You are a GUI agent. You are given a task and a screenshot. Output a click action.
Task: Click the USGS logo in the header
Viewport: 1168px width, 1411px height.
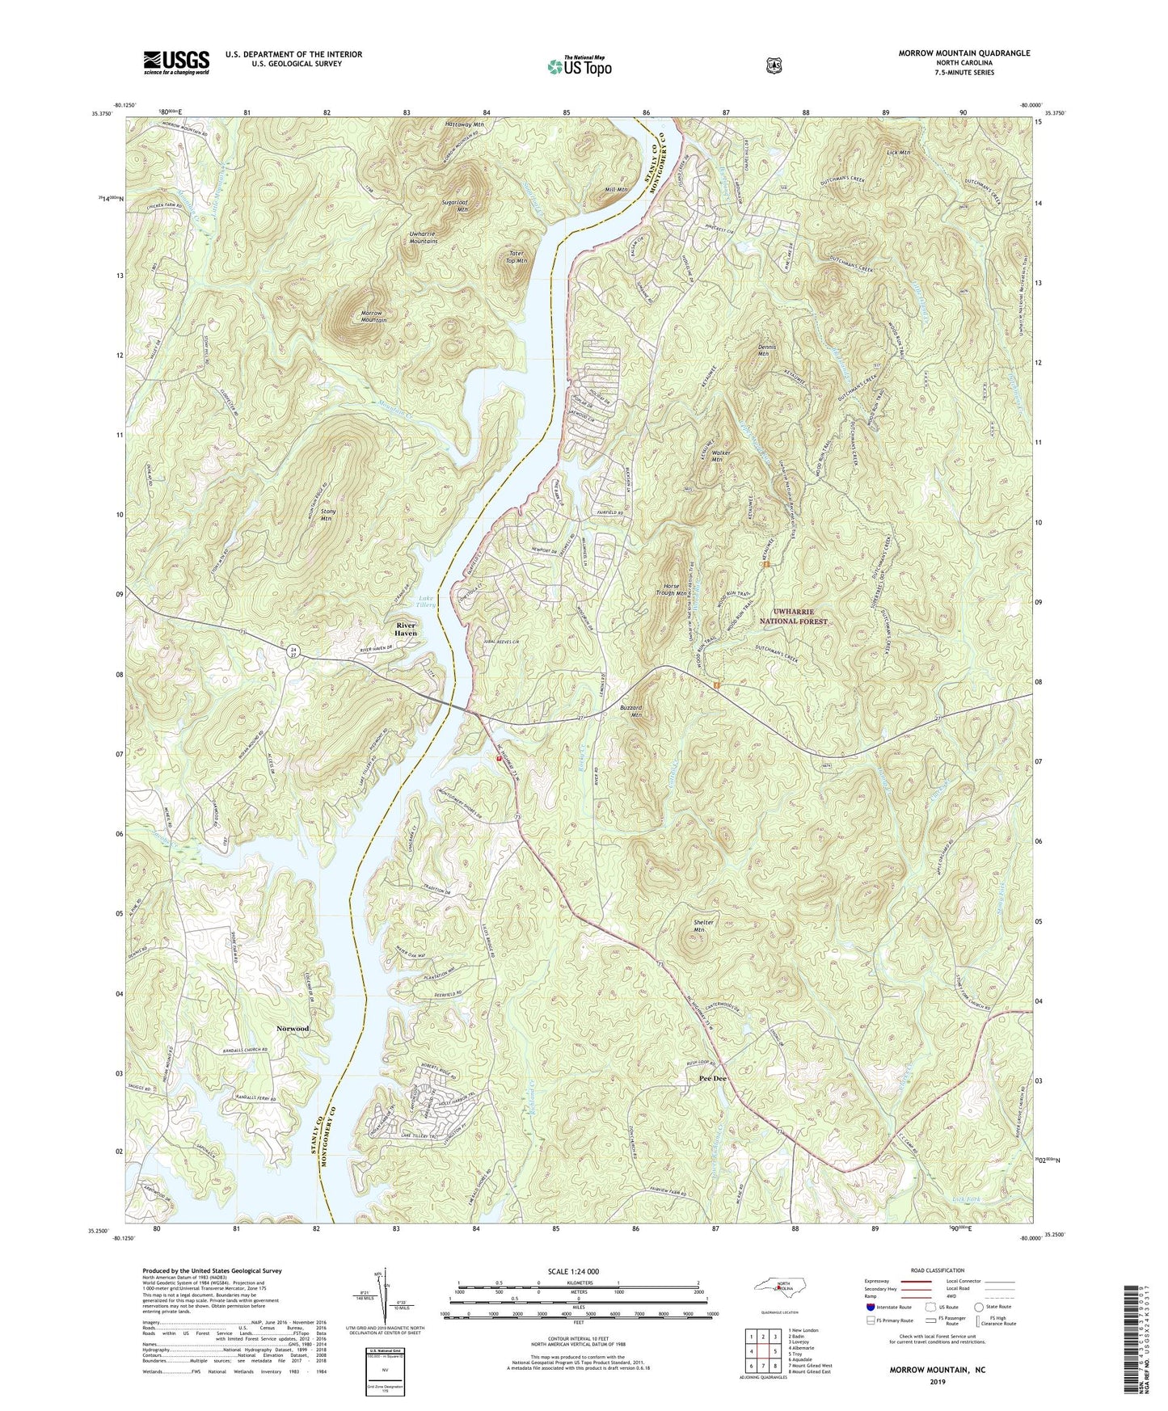tap(176, 62)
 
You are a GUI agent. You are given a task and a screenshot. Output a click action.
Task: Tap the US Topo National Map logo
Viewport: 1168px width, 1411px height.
tap(578, 65)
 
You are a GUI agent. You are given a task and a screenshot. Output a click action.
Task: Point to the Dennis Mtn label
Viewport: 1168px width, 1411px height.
tap(767, 350)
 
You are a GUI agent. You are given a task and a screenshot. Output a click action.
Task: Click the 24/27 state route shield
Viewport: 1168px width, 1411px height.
tap(295, 651)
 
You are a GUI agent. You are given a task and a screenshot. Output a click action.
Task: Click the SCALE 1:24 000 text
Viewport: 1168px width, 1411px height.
tap(577, 1271)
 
